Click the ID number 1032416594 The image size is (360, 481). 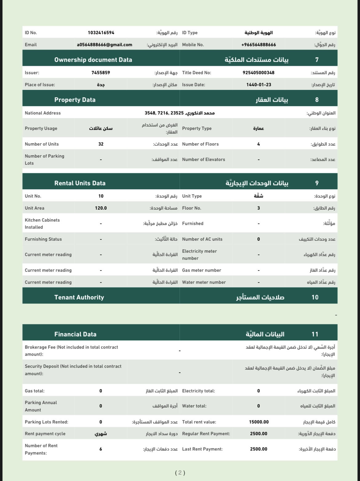coord(101,33)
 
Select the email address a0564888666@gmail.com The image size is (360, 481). coord(105,45)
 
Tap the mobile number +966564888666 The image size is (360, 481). coord(258,45)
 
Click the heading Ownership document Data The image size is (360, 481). coord(93,60)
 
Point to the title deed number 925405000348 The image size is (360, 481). coord(258,73)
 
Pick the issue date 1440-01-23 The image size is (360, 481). coord(258,85)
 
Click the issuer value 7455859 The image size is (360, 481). coord(101,73)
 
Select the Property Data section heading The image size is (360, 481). coord(75,100)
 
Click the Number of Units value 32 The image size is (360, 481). coord(101,144)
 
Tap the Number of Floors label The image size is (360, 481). coord(200,144)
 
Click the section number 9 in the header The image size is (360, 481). coord(317,183)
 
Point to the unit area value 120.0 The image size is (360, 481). coord(101,208)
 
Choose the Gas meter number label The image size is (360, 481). coord(202,270)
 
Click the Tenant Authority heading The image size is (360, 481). coord(79,297)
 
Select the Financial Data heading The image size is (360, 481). coord(75,334)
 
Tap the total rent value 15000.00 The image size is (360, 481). coord(259,422)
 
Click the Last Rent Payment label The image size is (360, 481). coord(202,449)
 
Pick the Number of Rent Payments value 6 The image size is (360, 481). coord(101,449)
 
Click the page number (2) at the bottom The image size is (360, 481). coord(180,472)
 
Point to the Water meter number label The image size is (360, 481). coord(204,282)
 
